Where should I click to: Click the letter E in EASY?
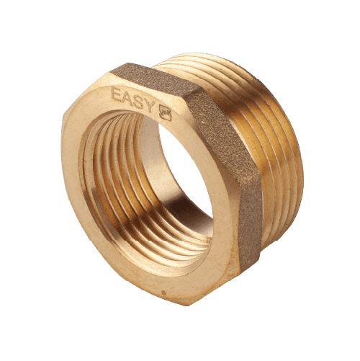117,94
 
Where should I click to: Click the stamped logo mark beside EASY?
166,113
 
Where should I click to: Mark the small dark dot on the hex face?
164,293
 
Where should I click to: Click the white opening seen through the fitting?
185,168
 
